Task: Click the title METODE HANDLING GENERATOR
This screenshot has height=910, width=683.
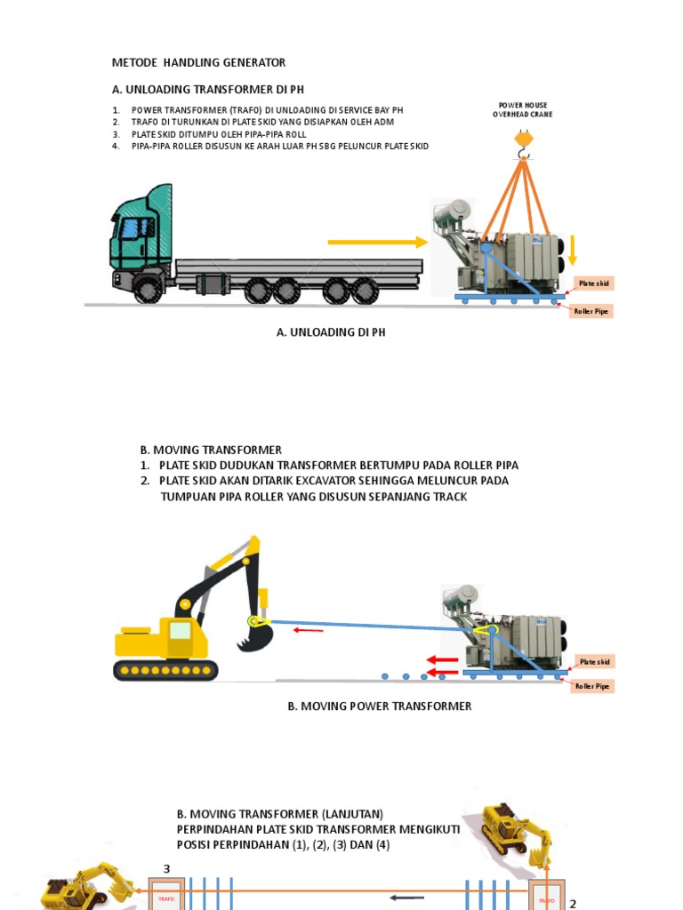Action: coord(198,62)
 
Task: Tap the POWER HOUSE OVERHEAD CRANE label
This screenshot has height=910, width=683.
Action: coord(524,109)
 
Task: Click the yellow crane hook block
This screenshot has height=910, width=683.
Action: coord(523,139)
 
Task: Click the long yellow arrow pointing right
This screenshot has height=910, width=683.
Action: coord(378,242)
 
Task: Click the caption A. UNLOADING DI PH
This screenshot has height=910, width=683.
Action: coord(332,331)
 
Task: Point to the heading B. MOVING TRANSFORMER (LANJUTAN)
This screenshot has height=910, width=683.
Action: coord(279,813)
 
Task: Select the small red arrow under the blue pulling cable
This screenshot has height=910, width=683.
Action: coord(309,631)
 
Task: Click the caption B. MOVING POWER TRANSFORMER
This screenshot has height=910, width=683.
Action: coord(379,706)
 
